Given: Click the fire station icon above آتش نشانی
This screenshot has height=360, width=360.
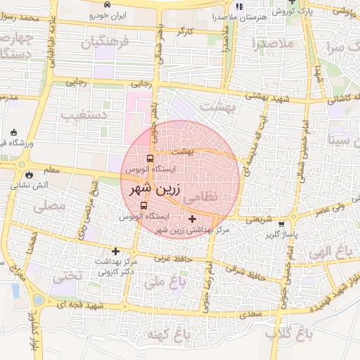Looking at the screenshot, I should tap(28, 174).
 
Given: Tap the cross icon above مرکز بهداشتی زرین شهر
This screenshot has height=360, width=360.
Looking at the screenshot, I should tap(193, 219).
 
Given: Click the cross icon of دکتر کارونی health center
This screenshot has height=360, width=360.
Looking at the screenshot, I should tap(116, 251).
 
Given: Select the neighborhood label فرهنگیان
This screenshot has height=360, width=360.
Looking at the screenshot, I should tap(105, 43).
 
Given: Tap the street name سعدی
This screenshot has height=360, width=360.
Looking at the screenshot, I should tap(248, 312).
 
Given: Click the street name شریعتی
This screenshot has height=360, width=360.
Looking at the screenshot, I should tap(257, 219).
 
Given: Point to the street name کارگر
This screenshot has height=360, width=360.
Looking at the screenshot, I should tap(184, 32).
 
